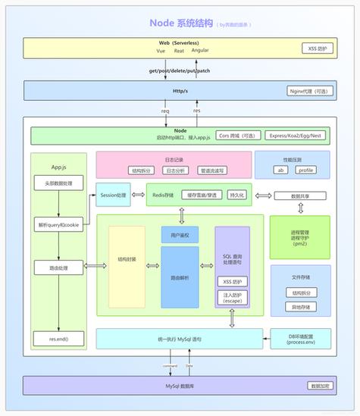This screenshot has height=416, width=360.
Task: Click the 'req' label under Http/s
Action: tap(164, 110)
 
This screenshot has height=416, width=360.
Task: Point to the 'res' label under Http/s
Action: tap(197, 110)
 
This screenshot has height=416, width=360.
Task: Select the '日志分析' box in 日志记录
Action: tap(174, 170)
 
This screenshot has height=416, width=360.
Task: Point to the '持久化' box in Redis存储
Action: tap(237, 195)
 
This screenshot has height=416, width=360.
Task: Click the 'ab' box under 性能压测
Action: tap(280, 170)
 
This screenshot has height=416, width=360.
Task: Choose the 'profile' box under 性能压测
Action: tap(305, 170)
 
